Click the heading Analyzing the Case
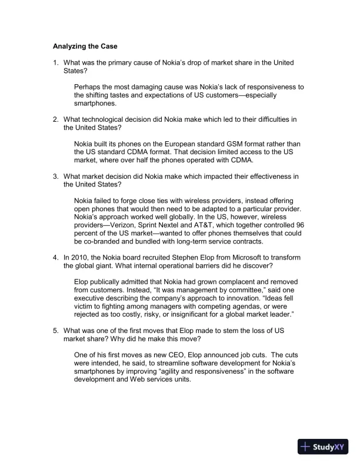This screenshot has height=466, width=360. point(88,45)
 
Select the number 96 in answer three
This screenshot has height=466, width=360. point(300,224)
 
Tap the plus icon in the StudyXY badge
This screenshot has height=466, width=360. point(305,447)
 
